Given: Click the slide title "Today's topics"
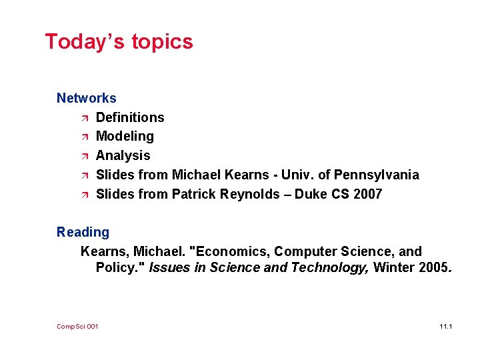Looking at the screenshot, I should [x=119, y=42].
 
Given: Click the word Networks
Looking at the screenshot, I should [x=86, y=98].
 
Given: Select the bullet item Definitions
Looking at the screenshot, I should [x=130, y=117].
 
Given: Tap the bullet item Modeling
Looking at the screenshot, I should [x=125, y=137].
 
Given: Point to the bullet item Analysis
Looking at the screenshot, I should [x=123, y=156].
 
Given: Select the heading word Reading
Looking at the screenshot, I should [x=83, y=233].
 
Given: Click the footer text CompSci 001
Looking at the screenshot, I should [x=77, y=326].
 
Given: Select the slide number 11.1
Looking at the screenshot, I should [x=446, y=326].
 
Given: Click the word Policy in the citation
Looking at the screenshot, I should [x=114, y=268].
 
